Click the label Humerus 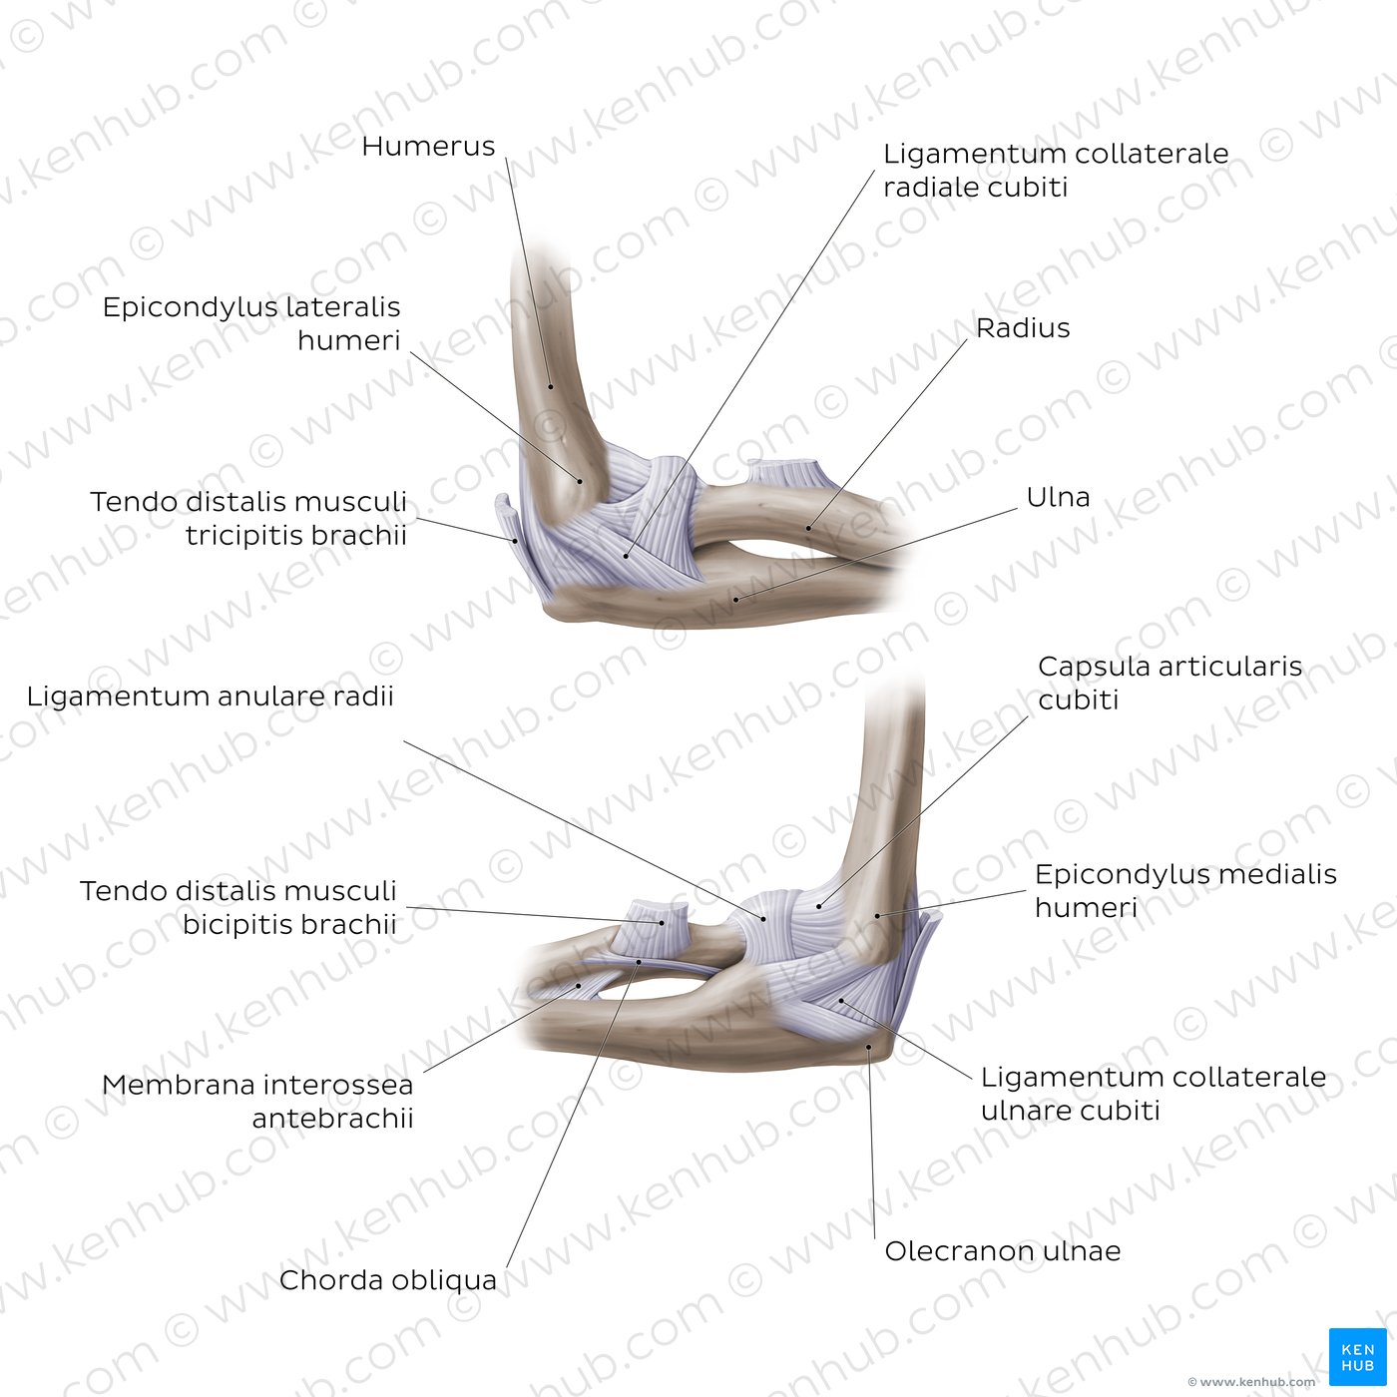tap(428, 147)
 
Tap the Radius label tap(1022, 327)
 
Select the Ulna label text tap(1058, 497)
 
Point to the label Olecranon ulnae tap(1003, 1251)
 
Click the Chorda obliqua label tap(388, 1280)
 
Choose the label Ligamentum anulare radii tap(211, 697)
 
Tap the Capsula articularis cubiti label tap(1170, 683)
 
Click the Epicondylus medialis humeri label tap(1185, 891)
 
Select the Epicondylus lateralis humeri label tap(251, 323)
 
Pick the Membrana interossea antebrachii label tap(258, 1102)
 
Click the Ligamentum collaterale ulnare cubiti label tap(1154, 1094)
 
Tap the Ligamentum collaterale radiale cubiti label tap(1056, 171)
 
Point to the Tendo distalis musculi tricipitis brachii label tap(248, 519)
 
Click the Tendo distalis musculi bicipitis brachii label tap(238, 908)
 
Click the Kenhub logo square tap(1358, 1357)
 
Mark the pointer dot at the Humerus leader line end tap(550, 386)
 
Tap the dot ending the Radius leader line tap(809, 528)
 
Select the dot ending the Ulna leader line tap(735, 600)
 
